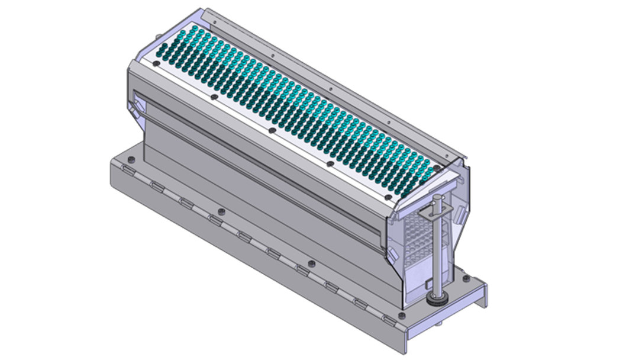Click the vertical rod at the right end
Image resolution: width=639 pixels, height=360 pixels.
tap(437, 249)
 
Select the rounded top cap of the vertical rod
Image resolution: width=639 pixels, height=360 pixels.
tap(437, 197)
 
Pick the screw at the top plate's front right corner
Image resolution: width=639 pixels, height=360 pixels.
tap(386, 197)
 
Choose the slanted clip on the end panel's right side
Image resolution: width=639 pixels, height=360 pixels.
tap(457, 214)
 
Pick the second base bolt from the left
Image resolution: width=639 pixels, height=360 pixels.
tap(221, 211)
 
